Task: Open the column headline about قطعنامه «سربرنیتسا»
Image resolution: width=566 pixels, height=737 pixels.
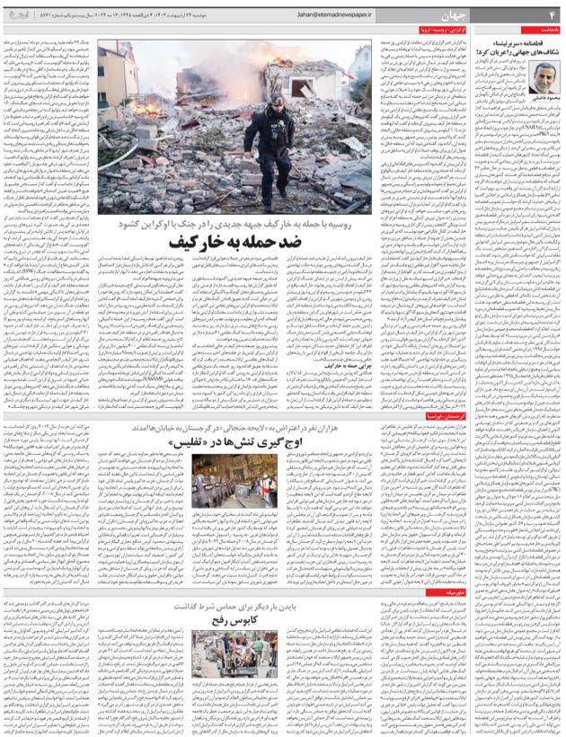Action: [x=519, y=46]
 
